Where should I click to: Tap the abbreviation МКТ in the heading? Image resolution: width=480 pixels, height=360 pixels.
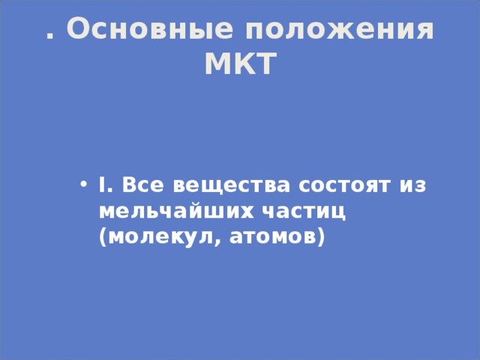240,65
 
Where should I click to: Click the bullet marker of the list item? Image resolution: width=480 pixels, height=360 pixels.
83,184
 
